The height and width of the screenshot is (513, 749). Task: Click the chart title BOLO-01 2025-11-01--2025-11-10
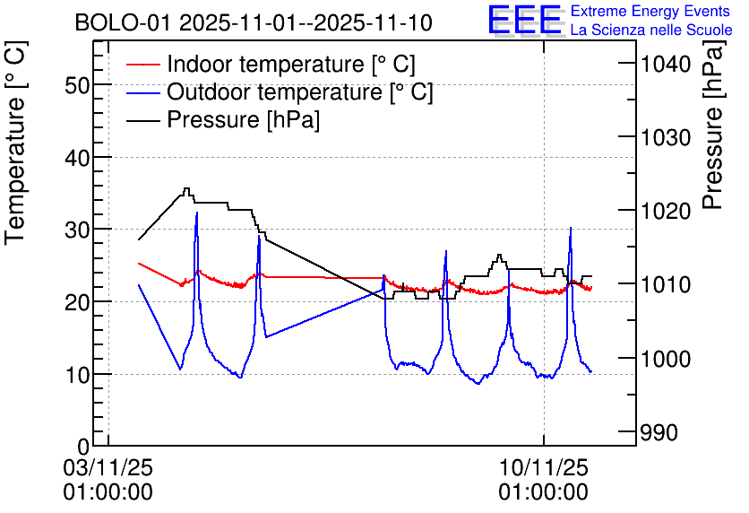(254, 22)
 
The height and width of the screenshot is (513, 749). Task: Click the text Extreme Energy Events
(651, 12)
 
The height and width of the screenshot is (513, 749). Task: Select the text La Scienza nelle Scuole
(651, 30)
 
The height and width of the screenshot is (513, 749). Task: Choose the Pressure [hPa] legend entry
(243, 119)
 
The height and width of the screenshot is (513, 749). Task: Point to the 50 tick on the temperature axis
(79, 85)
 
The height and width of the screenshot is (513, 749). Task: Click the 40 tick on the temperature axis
(79, 158)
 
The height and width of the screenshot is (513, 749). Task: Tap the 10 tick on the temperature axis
(79, 374)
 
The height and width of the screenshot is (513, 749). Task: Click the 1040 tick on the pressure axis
(664, 64)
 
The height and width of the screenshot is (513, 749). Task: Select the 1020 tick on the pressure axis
(664, 211)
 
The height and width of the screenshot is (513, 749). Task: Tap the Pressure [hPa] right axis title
(714, 143)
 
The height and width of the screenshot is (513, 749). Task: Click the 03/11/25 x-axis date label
(108, 467)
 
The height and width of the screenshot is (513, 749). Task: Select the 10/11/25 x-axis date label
(543, 467)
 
